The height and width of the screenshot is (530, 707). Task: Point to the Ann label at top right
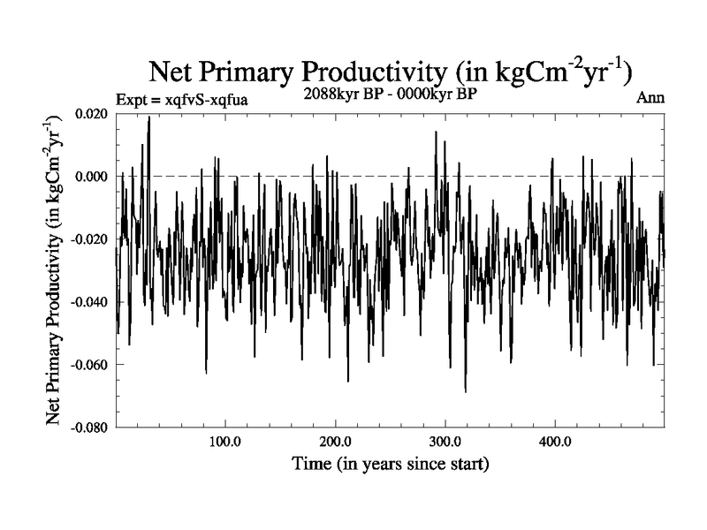click(650, 98)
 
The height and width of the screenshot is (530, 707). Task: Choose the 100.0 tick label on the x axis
click(225, 442)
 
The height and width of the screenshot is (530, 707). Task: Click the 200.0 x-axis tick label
click(335, 442)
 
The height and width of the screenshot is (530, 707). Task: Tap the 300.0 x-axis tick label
click(445, 442)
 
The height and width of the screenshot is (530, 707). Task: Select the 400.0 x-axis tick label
click(554, 442)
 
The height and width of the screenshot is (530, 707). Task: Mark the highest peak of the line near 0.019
click(149, 117)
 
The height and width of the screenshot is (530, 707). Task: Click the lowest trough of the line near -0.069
click(465, 391)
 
